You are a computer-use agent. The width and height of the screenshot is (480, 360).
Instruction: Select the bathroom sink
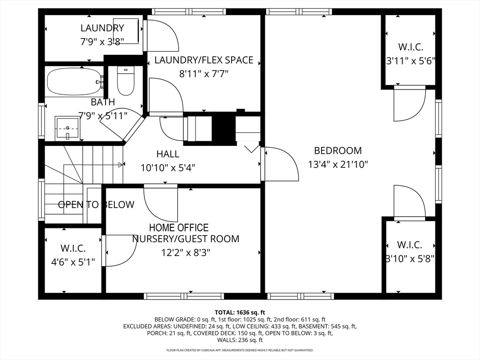pos(67,128)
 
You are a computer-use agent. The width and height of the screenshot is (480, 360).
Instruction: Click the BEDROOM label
pos(337,150)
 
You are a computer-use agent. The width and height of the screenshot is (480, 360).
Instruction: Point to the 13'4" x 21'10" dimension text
pos(337,165)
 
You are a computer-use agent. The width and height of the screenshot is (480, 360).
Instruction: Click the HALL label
pos(167,154)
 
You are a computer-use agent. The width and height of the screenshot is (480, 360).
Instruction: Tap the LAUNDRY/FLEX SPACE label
pos(203,60)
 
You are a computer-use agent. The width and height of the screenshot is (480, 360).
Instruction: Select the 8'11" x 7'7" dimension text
pos(203,74)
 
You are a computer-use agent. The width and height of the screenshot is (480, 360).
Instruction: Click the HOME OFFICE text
pos(179,228)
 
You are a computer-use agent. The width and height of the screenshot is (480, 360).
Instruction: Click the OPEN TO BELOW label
pos(96,204)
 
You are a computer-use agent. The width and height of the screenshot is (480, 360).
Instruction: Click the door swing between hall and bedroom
pos(279,164)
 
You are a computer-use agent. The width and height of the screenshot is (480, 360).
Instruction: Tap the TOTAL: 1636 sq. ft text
pos(240,312)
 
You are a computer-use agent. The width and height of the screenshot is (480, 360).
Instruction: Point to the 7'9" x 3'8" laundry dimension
pos(102,41)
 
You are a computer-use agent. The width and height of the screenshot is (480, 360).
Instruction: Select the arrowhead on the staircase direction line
pos(121,165)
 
